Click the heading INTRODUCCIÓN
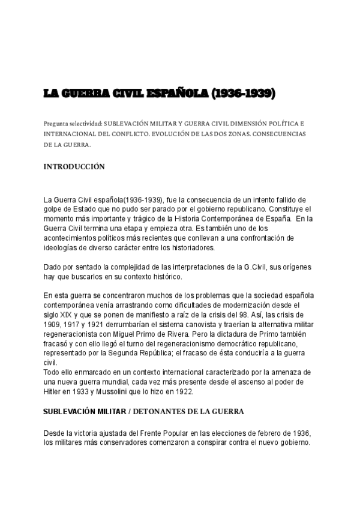pyautogui.click(x=74, y=167)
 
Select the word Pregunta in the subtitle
pyautogui.click(x=57, y=122)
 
